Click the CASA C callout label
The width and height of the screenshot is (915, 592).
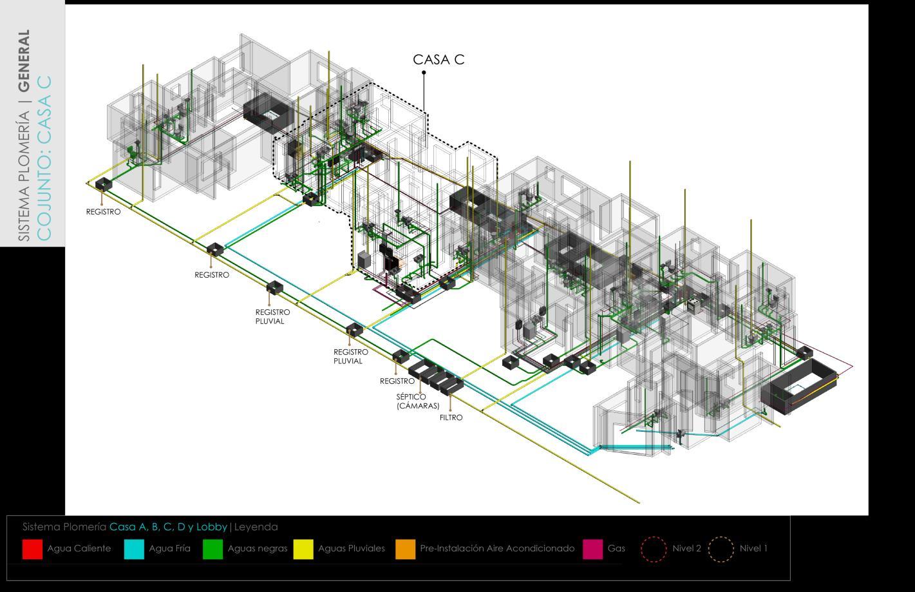pos(439,59)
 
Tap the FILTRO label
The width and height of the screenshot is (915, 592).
pos(451,417)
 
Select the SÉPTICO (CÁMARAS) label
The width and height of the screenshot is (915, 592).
pos(418,401)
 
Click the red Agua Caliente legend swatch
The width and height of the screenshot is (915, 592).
pos(32,549)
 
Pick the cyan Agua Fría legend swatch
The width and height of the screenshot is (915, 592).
pos(134,549)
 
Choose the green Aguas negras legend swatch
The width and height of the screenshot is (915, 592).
pos(212,549)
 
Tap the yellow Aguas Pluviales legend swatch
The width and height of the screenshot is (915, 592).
pos(303,549)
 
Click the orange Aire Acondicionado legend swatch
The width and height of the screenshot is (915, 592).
pos(405,549)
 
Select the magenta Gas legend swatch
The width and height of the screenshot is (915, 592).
pos(592,549)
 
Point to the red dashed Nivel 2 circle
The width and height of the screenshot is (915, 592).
pos(654,549)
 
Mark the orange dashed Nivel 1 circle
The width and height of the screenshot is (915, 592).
pos(721,549)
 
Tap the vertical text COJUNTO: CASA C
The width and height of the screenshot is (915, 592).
pos(44,158)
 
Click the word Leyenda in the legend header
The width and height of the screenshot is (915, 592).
pos(256,527)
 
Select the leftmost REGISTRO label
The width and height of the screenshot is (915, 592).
pos(103,212)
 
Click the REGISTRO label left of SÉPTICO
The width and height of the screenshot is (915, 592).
pos(397,381)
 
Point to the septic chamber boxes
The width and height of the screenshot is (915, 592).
pos(435,376)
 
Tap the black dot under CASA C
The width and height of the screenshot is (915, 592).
pos(424,73)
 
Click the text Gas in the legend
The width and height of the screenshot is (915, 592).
pos(616,549)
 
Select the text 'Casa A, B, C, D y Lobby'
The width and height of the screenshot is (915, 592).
pos(168,527)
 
